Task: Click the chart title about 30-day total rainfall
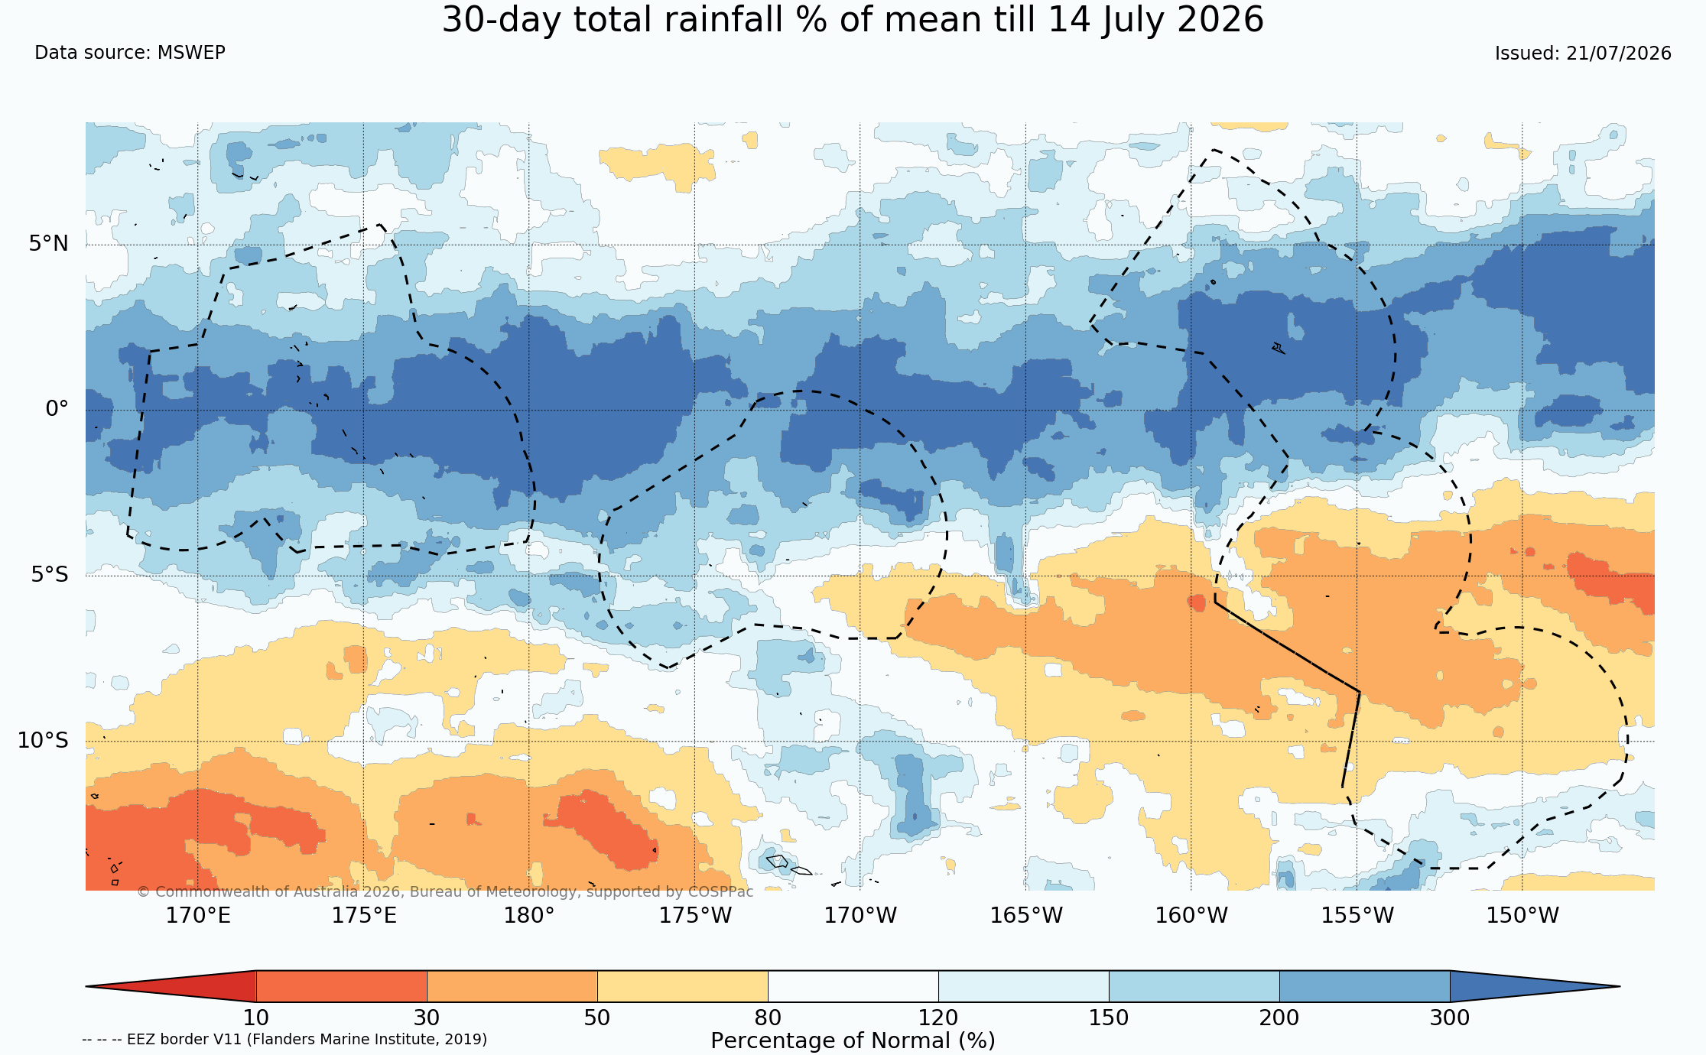[853, 20]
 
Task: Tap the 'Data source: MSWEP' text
[130, 53]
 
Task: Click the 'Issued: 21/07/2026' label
[1583, 54]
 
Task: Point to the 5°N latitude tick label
[49, 243]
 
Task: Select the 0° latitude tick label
[57, 409]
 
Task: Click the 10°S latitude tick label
[44, 740]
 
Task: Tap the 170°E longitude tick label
[198, 915]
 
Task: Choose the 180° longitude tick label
[528, 915]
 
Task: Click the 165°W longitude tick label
[1026, 915]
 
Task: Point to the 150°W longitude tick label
[1522, 915]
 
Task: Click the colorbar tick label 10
[256, 1018]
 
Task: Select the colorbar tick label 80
[768, 1018]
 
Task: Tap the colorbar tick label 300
[1450, 1018]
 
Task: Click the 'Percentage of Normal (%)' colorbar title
[853, 1040]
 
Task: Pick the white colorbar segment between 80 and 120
[853, 986]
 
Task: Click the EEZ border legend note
[284, 1039]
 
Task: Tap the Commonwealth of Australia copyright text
[445, 891]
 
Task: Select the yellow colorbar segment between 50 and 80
[682, 986]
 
